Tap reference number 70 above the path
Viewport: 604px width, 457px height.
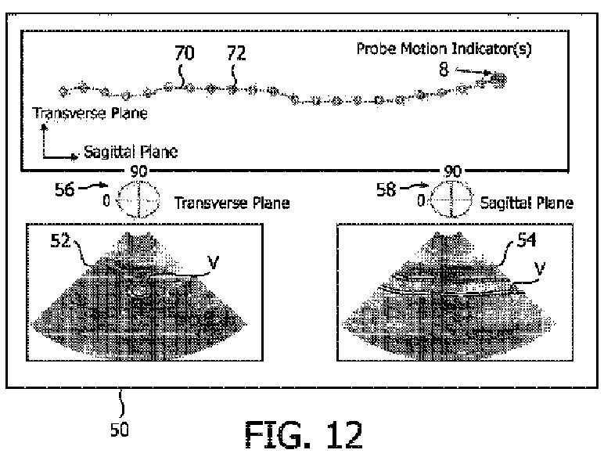point(185,53)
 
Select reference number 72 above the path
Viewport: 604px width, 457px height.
point(235,53)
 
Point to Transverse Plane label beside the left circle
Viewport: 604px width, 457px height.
point(232,203)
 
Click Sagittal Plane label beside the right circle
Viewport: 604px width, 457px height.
point(529,203)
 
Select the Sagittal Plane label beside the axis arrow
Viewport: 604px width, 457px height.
point(130,153)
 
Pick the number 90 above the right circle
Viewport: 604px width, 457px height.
point(452,170)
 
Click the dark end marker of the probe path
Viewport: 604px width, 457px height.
point(498,78)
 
